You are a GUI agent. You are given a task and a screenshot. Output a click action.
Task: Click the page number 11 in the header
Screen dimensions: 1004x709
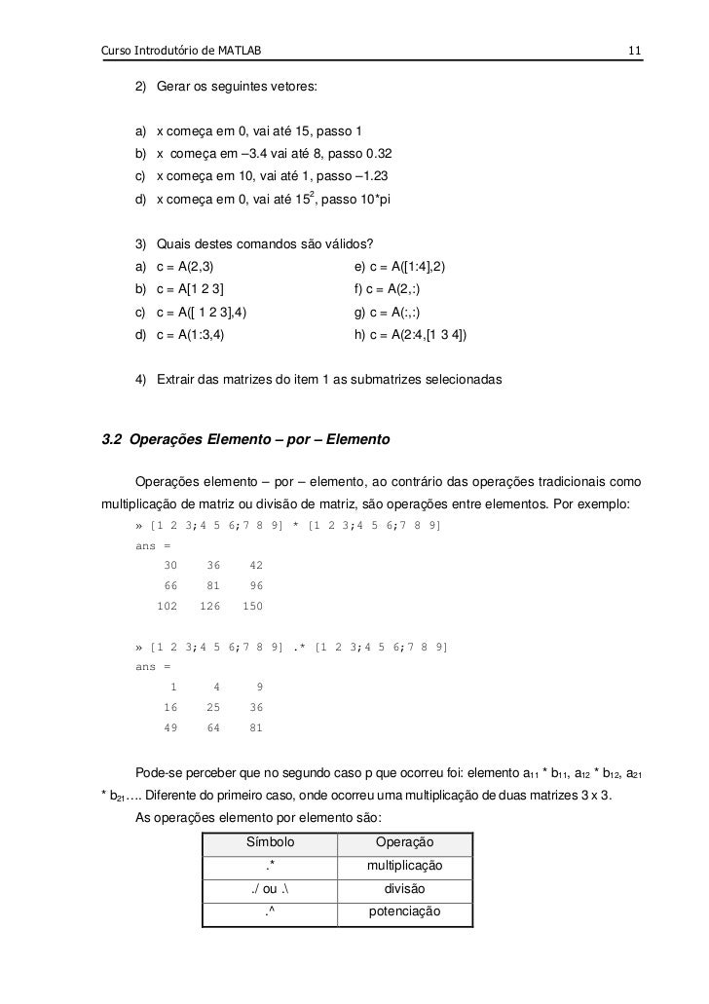633,50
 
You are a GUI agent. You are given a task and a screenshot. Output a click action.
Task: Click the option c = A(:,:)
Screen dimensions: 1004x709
390,313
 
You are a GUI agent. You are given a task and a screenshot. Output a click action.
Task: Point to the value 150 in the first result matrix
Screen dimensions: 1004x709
252,607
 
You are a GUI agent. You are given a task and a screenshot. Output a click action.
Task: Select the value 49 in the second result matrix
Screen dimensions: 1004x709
170,726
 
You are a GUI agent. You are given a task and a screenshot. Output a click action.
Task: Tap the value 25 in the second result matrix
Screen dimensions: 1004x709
213,706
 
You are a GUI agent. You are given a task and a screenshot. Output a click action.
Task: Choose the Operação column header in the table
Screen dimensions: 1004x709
404,842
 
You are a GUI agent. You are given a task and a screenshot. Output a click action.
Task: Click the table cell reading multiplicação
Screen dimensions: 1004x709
404,866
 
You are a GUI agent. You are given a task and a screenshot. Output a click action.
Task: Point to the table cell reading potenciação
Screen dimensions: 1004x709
404,912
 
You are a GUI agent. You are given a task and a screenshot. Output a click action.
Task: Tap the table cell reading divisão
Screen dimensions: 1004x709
404,889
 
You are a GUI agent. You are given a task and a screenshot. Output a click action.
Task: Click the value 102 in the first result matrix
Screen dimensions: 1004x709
168,607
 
